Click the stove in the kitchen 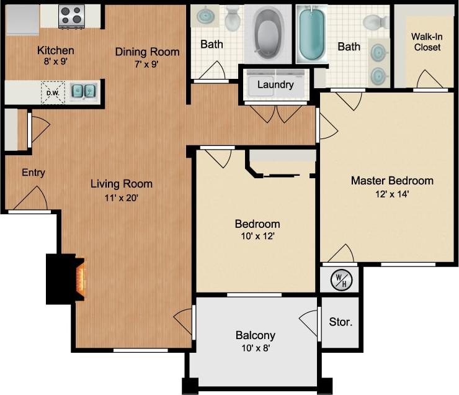71,17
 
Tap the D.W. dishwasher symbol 51,93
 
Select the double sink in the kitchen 83,92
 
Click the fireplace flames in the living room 80,279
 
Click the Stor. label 341,322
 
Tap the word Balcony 255,335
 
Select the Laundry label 275,84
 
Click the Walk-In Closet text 426,42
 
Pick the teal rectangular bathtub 311,34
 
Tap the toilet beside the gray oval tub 233,19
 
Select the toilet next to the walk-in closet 376,23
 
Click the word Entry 33,173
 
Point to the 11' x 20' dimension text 121,198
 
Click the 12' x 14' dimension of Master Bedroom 391,193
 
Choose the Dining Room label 147,52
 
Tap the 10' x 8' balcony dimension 255,348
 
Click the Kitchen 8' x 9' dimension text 55,62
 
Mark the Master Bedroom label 392,181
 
